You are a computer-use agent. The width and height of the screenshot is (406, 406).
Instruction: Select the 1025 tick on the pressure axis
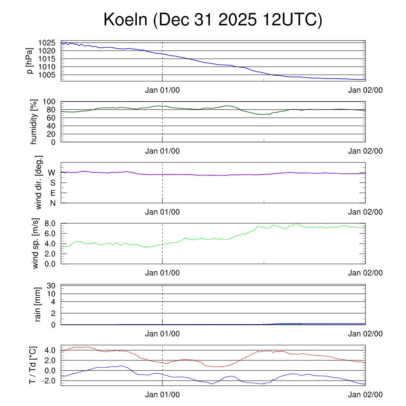tap(47, 43)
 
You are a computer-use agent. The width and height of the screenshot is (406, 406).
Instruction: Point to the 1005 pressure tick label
tap(47, 75)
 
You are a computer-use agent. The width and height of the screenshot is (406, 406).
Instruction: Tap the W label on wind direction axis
tap(52, 172)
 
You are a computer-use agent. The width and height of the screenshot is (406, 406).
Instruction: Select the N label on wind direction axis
tap(52, 203)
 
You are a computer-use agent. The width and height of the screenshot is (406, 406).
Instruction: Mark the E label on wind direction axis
tap(52, 193)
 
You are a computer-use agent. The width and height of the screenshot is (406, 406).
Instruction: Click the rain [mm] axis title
tap(38, 305)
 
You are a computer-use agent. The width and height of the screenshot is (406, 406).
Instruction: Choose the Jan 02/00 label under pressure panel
tap(365, 90)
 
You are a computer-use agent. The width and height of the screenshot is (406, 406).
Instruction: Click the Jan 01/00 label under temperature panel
tap(162, 395)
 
